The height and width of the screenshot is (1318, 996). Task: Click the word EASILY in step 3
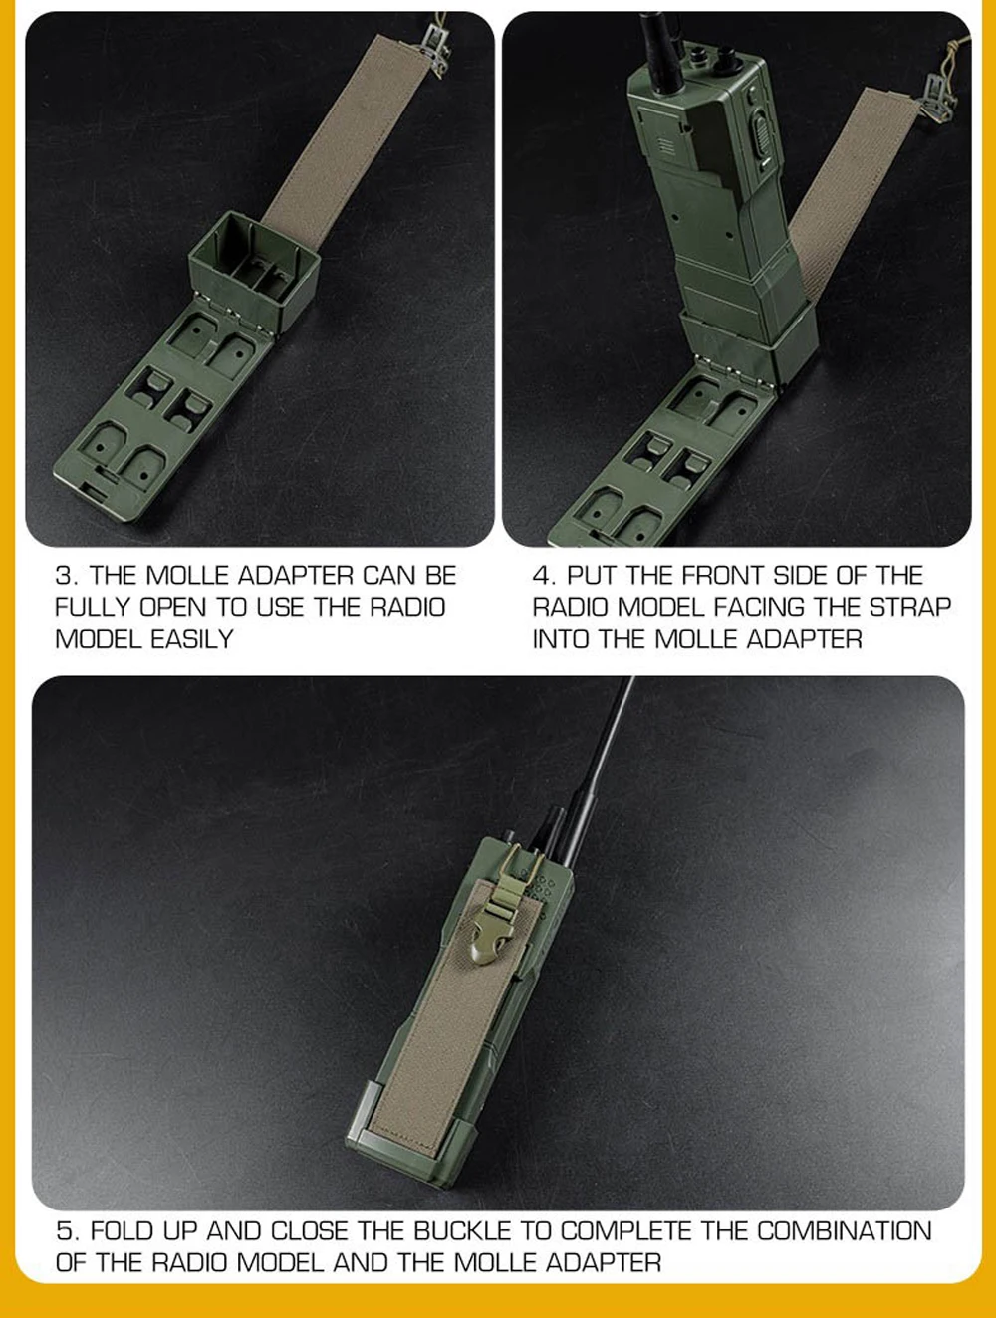pyautogui.click(x=192, y=639)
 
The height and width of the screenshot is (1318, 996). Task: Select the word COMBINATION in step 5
pyautogui.click(x=844, y=1231)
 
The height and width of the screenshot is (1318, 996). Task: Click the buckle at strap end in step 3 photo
pyautogui.click(x=438, y=43)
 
